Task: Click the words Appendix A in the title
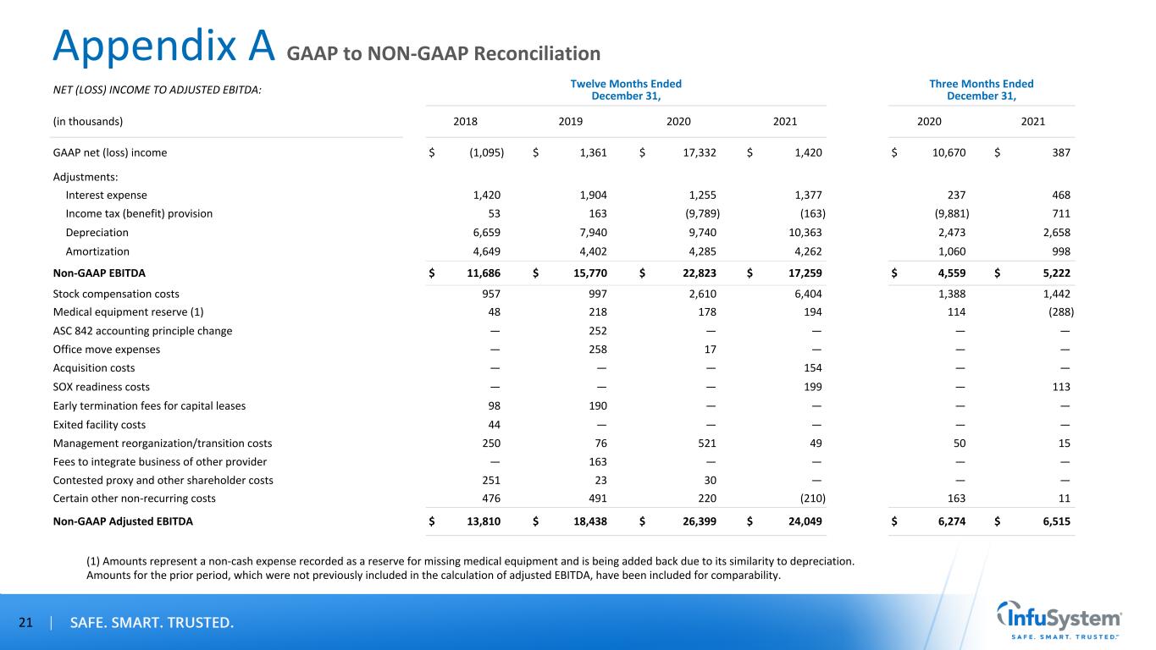pyautogui.click(x=164, y=47)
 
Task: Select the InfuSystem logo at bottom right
pyautogui.click(x=1059, y=623)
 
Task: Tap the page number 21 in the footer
pyautogui.click(x=25, y=624)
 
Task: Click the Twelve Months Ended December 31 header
pyautogui.click(x=626, y=89)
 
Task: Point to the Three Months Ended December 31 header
pyautogui.click(x=982, y=89)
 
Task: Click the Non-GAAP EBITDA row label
pyautogui.click(x=99, y=273)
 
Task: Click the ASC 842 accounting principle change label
pyautogui.click(x=142, y=331)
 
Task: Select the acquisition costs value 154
pyautogui.click(x=811, y=368)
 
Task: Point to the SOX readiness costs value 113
pyautogui.click(x=1060, y=387)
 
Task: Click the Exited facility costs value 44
pyautogui.click(x=495, y=424)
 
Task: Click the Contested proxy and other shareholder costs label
pyautogui.click(x=163, y=480)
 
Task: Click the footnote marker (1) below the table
pyautogui.click(x=93, y=561)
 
